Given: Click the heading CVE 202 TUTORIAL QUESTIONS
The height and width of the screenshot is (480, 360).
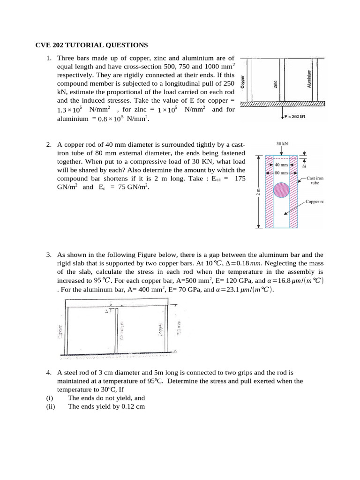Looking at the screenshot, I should click(92, 45).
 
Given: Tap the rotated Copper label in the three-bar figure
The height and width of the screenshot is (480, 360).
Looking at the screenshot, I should click(242, 82).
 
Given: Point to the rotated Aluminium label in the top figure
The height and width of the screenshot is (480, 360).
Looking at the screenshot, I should click(309, 79).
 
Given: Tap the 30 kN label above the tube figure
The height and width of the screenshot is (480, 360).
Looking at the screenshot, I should click(282, 143).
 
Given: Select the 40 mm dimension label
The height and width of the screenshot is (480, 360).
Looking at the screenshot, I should click(281, 165).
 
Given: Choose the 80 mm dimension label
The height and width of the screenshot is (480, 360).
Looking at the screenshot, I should click(281, 173).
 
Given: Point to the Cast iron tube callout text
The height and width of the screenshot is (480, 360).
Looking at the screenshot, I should click(315, 181).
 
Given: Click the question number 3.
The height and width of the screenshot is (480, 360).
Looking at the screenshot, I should click(49, 255).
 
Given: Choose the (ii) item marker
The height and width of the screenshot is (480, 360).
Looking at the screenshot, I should click(51, 406).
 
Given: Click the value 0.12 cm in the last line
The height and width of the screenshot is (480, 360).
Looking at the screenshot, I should click(129, 406).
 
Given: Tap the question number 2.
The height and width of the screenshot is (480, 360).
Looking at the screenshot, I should click(49, 144).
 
